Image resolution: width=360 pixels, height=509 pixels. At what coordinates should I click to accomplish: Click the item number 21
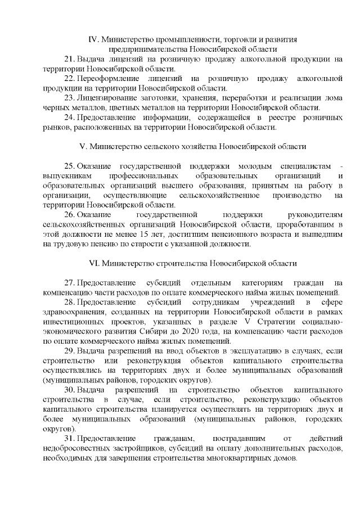[70, 58]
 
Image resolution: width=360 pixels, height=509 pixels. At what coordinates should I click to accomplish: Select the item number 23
[70, 97]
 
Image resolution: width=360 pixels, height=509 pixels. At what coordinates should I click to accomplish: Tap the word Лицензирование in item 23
[107, 97]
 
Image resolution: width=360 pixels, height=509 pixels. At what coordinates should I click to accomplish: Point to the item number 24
[70, 117]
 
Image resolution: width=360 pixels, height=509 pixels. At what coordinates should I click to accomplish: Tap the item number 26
[70, 215]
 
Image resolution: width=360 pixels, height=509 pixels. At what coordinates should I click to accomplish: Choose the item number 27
[70, 283]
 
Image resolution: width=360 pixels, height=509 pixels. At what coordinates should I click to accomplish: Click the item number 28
[70, 303]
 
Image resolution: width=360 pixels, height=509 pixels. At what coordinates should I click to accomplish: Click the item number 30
[70, 390]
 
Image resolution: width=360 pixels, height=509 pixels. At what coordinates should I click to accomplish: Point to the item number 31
[70, 439]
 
